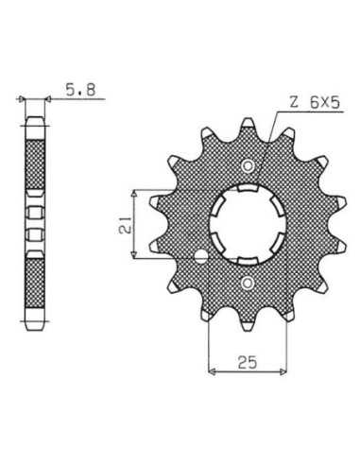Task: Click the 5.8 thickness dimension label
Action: tap(80, 90)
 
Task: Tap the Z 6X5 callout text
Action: tap(315, 103)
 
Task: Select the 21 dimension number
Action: tap(125, 225)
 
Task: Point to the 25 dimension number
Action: tap(248, 362)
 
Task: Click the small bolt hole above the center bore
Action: tap(248, 166)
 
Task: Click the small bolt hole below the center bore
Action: tap(248, 283)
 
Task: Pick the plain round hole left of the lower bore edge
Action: tap(201, 257)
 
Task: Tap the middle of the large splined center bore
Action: tap(248, 225)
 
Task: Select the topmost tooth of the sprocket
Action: tap(248, 124)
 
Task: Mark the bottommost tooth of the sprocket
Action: tap(248, 325)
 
